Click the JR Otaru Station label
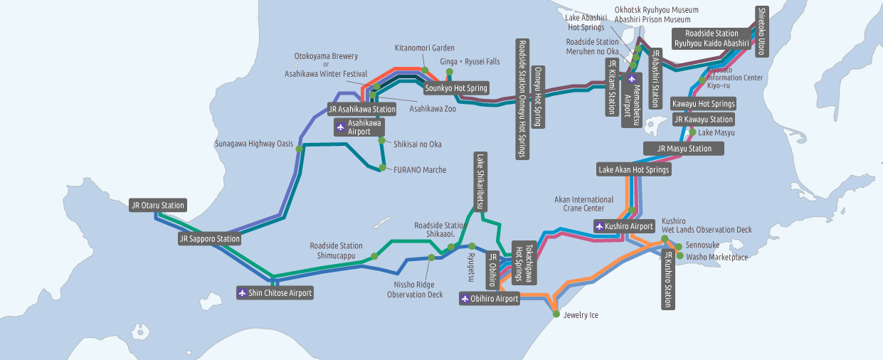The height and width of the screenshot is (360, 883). tap(158, 205)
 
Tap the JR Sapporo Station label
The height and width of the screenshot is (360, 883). tap(209, 238)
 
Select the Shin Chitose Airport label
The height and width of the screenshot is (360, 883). tap(275, 292)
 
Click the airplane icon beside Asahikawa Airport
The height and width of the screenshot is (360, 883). tap(341, 127)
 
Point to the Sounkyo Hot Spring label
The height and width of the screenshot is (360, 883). tap(456, 88)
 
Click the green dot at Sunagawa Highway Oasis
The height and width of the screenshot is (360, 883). tap(299, 149)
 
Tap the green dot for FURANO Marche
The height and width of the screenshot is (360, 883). tap(382, 168)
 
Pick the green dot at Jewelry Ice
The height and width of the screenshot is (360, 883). tap(556, 314)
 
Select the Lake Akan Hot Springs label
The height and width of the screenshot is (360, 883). tap(633, 169)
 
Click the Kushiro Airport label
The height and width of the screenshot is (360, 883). tap(625, 226)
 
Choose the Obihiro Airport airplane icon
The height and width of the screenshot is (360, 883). tap(465, 299)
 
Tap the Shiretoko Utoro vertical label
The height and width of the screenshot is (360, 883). tap(761, 31)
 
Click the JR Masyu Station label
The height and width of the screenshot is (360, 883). tap(684, 148)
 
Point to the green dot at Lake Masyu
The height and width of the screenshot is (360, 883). tap(692, 132)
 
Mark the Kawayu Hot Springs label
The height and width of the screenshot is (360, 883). tap(703, 104)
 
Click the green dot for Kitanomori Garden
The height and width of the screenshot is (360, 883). tap(425, 70)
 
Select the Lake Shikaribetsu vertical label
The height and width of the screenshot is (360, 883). tap(480, 181)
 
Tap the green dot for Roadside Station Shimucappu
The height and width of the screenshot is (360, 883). tap(374, 256)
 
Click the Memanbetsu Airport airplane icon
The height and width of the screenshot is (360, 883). tap(632, 79)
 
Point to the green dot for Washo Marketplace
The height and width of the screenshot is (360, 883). tap(680, 255)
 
